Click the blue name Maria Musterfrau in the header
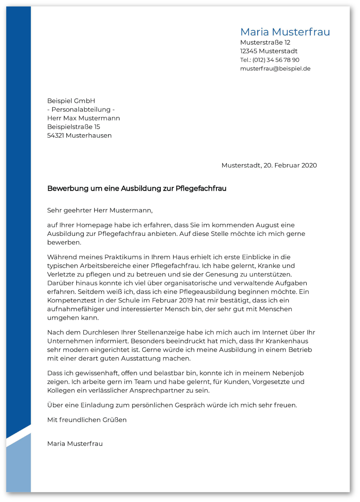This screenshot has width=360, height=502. pyautogui.click(x=285, y=32)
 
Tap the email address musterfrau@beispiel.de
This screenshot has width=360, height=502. pyautogui.click(x=275, y=69)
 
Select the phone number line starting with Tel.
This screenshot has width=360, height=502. pyautogui.click(x=270, y=60)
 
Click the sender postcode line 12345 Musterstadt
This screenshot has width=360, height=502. pyautogui.click(x=268, y=51)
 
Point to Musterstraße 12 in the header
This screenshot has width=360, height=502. pyautogui.click(x=265, y=43)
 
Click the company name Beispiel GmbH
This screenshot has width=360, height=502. pyautogui.click(x=71, y=101)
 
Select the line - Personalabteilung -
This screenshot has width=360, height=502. pyautogui.click(x=81, y=110)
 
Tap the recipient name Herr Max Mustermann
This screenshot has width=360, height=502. pyautogui.click(x=83, y=118)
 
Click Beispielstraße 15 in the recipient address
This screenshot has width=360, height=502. pyautogui.click(x=73, y=127)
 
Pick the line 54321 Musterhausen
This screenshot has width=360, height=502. pyautogui.click(x=79, y=136)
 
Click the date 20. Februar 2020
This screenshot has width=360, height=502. pyautogui.click(x=290, y=165)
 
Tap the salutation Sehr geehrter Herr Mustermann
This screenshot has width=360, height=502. pyautogui.click(x=100, y=210)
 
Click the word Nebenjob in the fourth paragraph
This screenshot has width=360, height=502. pyautogui.click(x=288, y=373)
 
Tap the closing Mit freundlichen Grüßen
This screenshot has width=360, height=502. pyautogui.click(x=87, y=420)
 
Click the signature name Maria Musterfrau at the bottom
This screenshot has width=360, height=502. pyautogui.click(x=75, y=444)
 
